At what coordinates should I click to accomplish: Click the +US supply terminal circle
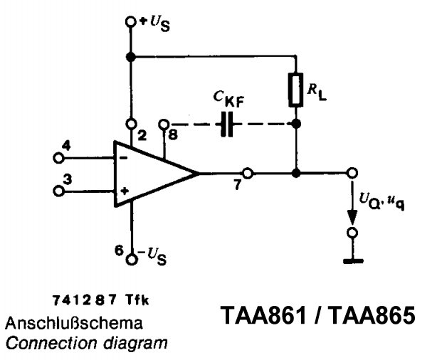click(130, 22)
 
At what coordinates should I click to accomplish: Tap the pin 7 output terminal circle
click(247, 173)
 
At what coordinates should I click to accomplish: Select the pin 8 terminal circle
click(164, 123)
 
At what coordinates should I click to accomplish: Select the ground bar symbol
click(352, 261)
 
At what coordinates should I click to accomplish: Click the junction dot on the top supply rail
click(130, 56)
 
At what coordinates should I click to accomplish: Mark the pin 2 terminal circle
click(130, 123)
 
